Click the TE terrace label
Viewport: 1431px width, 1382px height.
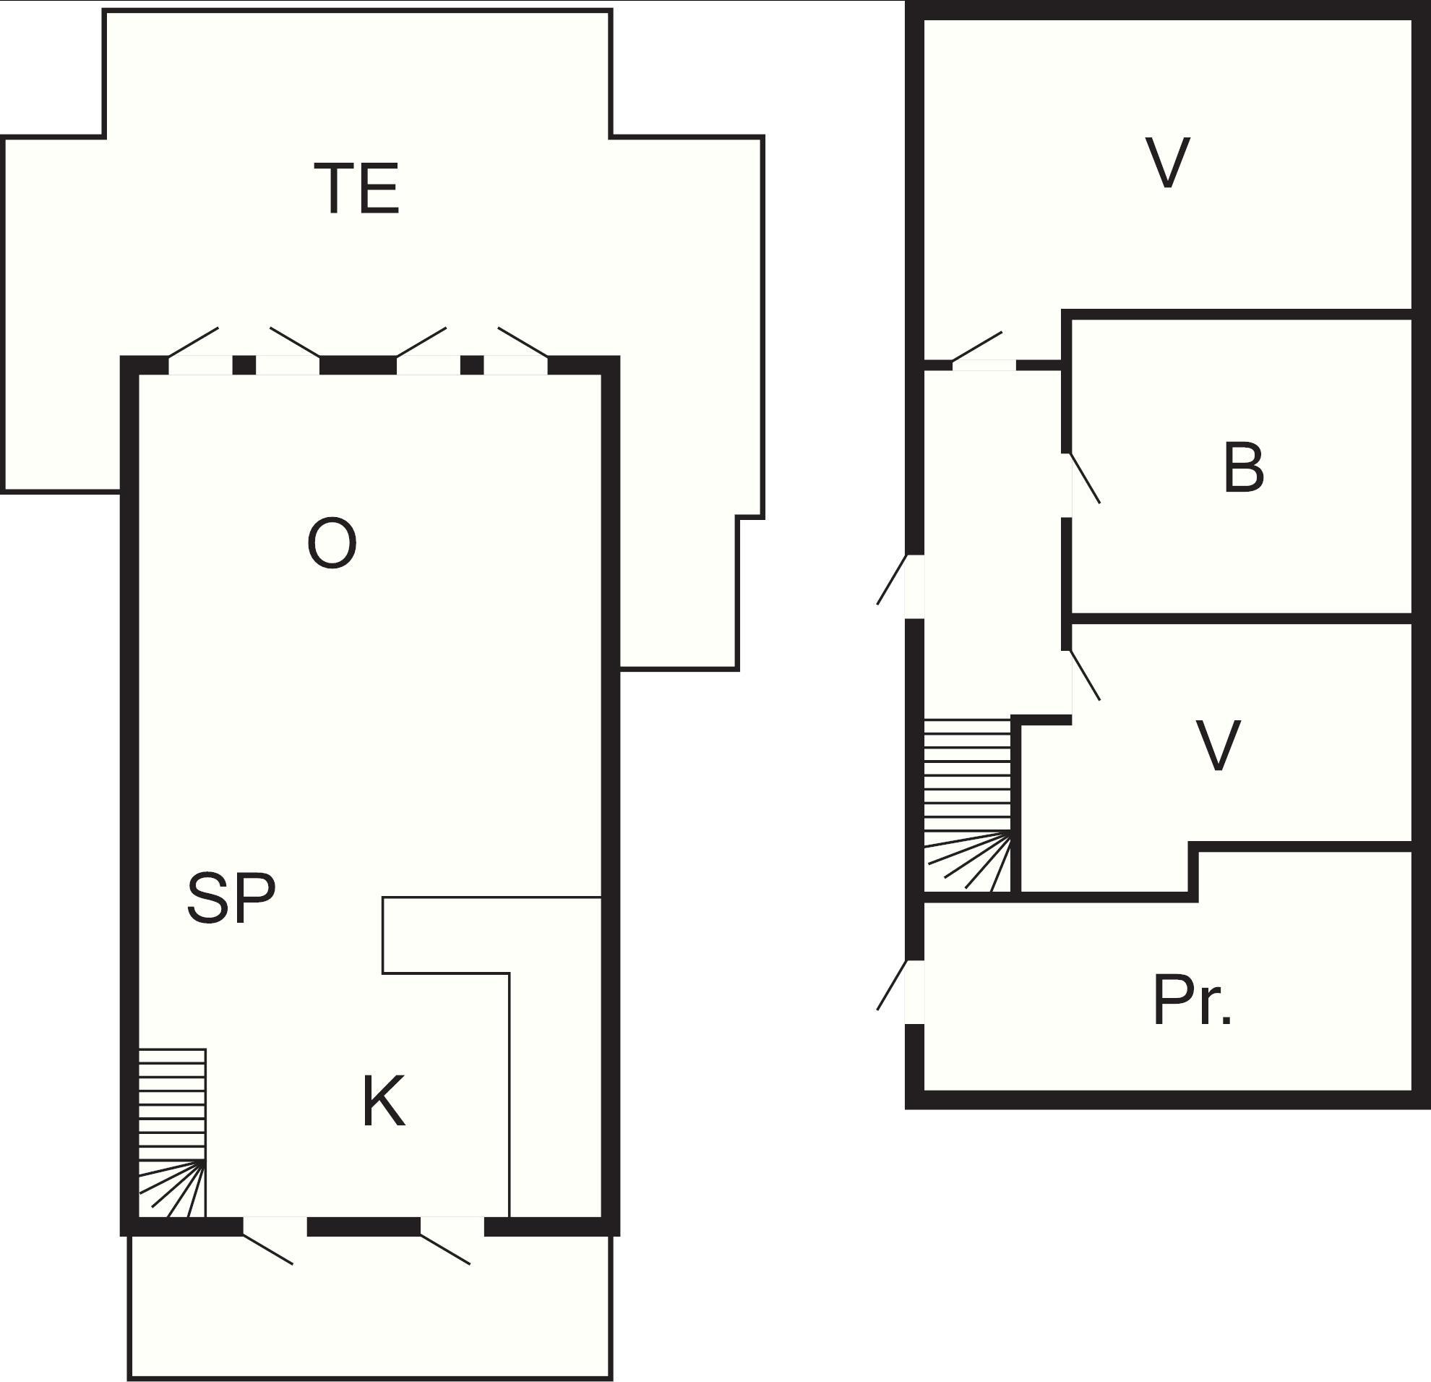click(357, 189)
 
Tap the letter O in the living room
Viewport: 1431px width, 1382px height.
click(332, 542)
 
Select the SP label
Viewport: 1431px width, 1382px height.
click(231, 897)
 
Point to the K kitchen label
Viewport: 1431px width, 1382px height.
click(383, 1102)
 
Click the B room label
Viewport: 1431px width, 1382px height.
click(1243, 467)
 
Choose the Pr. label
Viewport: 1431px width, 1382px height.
click(1192, 1000)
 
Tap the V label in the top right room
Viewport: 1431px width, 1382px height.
click(1168, 162)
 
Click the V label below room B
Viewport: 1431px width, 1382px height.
click(1218, 745)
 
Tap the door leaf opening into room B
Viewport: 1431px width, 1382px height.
click(1085, 479)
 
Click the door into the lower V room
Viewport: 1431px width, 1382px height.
click(1085, 675)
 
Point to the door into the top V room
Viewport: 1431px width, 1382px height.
click(977, 346)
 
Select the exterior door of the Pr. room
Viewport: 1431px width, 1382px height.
click(891, 986)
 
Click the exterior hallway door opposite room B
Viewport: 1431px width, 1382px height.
click(891, 580)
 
